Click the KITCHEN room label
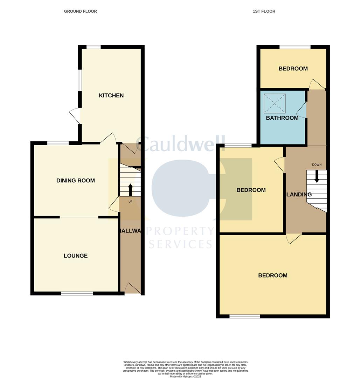pyautogui.click(x=111, y=96)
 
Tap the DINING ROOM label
pyautogui.click(x=76, y=181)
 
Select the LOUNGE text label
pyautogui.click(x=76, y=256)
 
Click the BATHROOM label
pyautogui.click(x=282, y=118)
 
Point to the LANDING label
pyautogui.click(x=299, y=195)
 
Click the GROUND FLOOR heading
pyautogui.click(x=80, y=11)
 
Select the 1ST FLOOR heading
pyautogui.click(x=264, y=11)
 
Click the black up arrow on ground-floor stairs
pyautogui.click(x=130, y=190)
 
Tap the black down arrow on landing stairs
pyautogui.click(x=317, y=176)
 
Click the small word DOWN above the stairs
pyautogui.click(x=317, y=164)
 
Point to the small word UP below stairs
pyautogui.click(x=131, y=202)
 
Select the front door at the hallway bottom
pyautogui.click(x=132, y=288)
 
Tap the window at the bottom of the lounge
pyautogui.click(x=77, y=293)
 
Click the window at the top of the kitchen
pyautogui.click(x=94, y=47)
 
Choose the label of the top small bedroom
pyautogui.click(x=293, y=69)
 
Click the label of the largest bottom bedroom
pyautogui.click(x=273, y=275)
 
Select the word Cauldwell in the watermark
pyautogui.click(x=180, y=144)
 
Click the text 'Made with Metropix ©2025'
pyautogui.click(x=186, y=376)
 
